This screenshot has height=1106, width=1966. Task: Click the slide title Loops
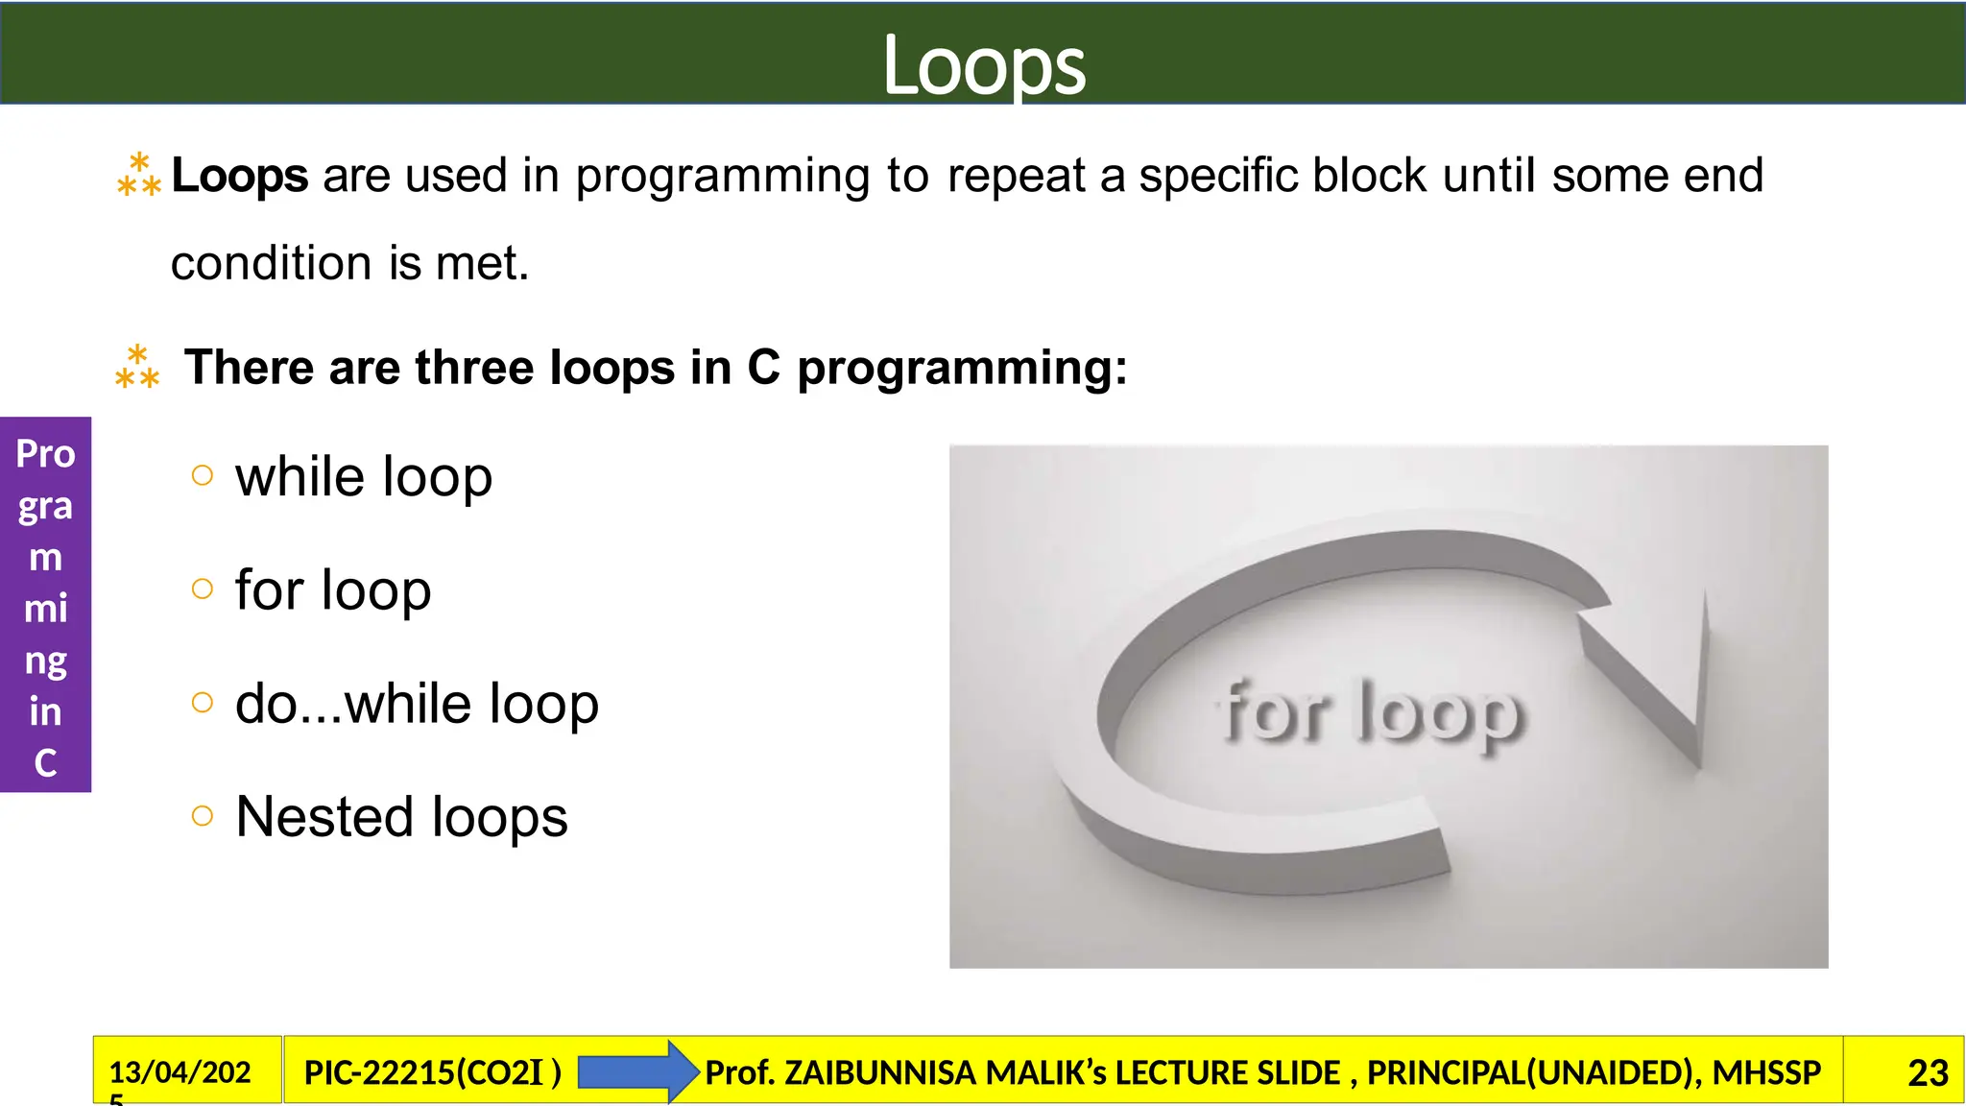pyautogui.click(x=983, y=64)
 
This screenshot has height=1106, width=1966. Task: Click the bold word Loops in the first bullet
pyautogui.click(x=240, y=176)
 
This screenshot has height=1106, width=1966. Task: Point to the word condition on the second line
pyautogui.click(x=272, y=263)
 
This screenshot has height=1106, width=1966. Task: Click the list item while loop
pyautogui.click(x=364, y=477)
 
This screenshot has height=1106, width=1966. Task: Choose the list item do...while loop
pyautogui.click(x=417, y=704)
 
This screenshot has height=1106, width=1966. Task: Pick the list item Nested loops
pyautogui.click(x=401, y=817)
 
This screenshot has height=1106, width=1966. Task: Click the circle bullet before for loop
pyautogui.click(x=202, y=589)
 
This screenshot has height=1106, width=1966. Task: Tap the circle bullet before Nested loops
pyautogui.click(x=202, y=816)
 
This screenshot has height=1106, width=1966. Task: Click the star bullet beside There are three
pyautogui.click(x=137, y=368)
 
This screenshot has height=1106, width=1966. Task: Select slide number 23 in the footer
pyautogui.click(x=1927, y=1072)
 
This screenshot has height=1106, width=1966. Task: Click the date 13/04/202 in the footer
pyautogui.click(x=180, y=1071)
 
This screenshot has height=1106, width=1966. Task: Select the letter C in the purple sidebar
pyautogui.click(x=45, y=763)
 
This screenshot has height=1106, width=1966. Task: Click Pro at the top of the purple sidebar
pyautogui.click(x=45, y=453)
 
